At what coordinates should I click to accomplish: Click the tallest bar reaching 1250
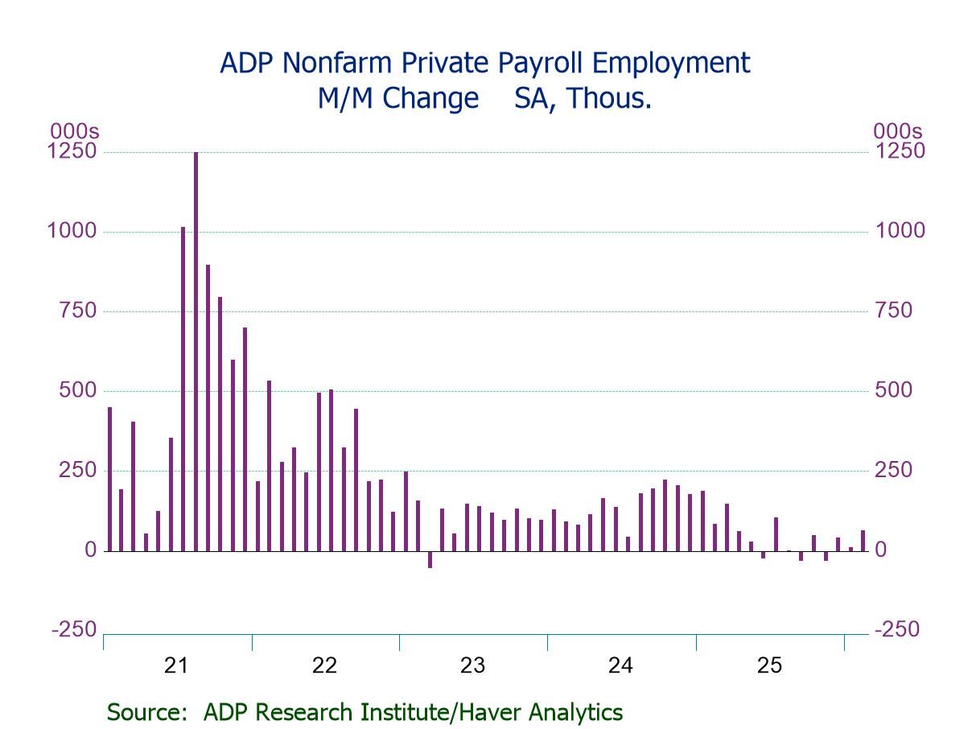196,351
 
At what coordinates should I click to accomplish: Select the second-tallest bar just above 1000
183,389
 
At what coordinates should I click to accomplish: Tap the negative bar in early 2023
430,559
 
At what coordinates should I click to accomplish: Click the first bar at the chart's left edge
109,479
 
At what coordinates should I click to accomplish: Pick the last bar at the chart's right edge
863,541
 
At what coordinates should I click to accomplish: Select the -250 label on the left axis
73,629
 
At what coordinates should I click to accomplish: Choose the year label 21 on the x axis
176,665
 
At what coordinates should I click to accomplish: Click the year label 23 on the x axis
472,665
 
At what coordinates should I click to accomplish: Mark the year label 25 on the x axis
769,665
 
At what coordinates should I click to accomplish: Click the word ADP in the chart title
245,64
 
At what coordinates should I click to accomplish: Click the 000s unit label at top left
75,131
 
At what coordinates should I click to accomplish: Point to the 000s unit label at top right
898,131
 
